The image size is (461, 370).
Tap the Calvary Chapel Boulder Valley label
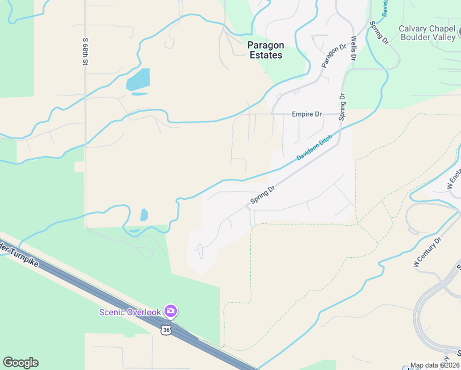pos(426,33)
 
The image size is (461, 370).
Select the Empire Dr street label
pos(306,114)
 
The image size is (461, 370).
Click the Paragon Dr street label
pos(334,56)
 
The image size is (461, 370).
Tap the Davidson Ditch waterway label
pos(314,148)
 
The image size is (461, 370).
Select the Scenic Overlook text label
pos(130,312)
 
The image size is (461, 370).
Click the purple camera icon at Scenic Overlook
pos(171,311)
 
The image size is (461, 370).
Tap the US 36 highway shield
pos(166,331)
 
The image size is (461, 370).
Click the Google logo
pos(20,363)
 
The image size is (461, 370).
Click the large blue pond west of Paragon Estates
pos(139,80)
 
